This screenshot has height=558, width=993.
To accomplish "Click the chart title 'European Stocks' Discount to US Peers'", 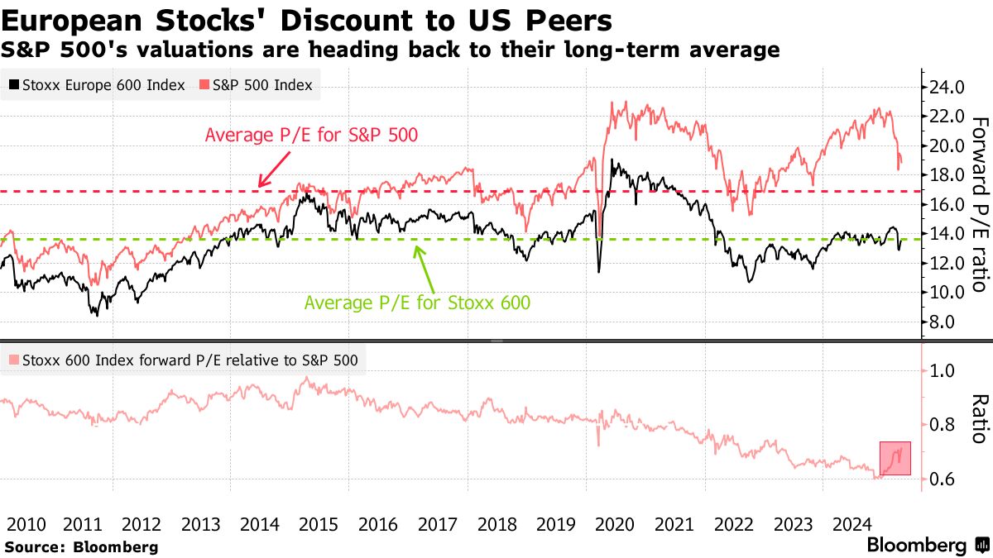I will pyautogui.click(x=307, y=21).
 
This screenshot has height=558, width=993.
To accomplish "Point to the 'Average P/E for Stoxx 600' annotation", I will pyautogui.click(x=417, y=303).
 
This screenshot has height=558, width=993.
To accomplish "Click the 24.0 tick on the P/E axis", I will pyautogui.click(x=947, y=87).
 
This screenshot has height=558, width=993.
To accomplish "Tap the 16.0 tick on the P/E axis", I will pyautogui.click(x=947, y=204).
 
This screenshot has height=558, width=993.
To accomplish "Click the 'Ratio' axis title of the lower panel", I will pyautogui.click(x=980, y=418).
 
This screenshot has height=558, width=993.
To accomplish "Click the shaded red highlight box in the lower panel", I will pyautogui.click(x=895, y=458).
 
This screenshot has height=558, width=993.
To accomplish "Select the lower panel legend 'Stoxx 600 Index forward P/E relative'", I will pyautogui.click(x=185, y=360).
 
